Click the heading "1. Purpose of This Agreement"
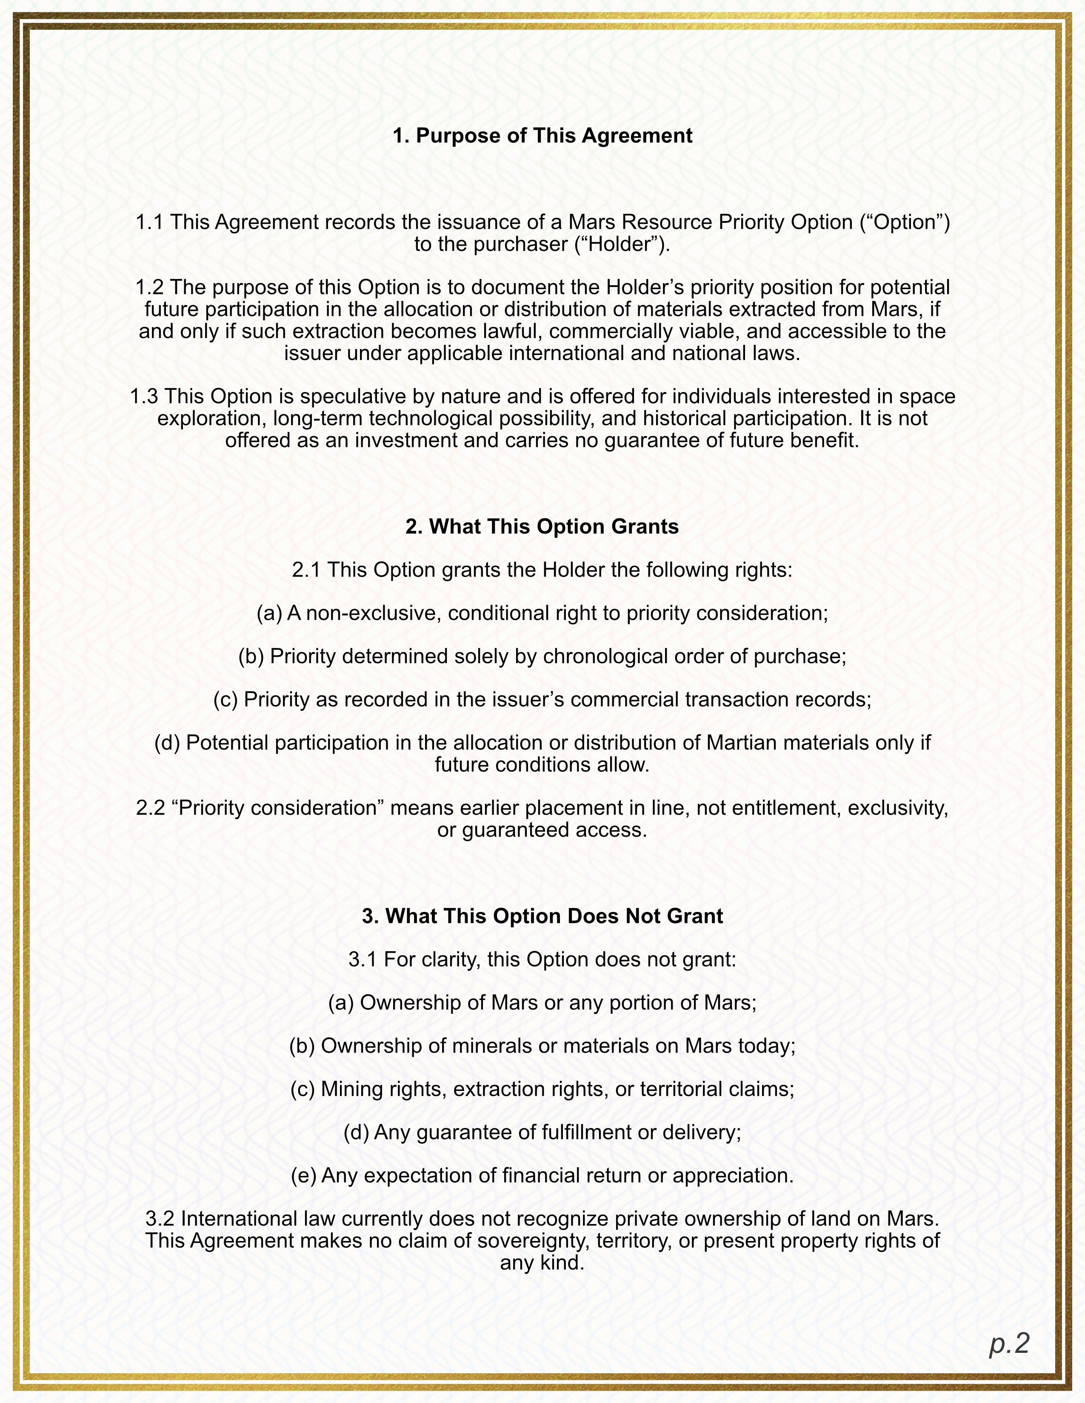(x=542, y=136)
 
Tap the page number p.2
(x=1009, y=1343)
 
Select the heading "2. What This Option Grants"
(x=542, y=526)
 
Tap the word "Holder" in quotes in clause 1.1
(x=621, y=245)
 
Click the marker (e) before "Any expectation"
(x=303, y=1176)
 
